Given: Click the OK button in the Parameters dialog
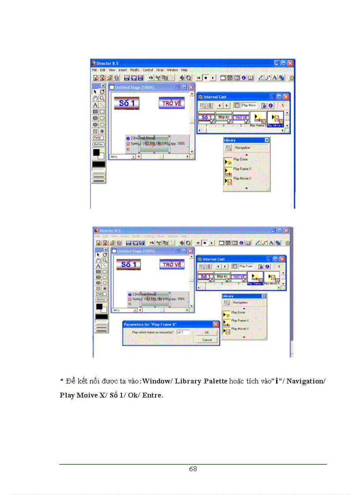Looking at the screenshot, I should coord(206,332).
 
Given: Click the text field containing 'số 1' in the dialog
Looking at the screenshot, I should coord(183,332).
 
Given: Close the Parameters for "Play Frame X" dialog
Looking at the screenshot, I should coord(216,324).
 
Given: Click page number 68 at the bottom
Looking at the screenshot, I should coord(193,469).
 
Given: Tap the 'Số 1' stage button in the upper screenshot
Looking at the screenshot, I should coord(127,103).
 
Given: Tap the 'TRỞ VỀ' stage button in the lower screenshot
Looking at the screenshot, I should coord(172,264).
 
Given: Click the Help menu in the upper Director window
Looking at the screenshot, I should coord(184,70).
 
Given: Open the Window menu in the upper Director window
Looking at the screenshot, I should coord(172,70).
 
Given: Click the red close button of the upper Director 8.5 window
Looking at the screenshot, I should coord(291,63).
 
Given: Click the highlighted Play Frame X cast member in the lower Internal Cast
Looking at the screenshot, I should coord(255,278).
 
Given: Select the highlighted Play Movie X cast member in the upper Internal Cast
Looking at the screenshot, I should coord(276,118).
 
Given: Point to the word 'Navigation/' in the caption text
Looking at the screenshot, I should coord(306,381).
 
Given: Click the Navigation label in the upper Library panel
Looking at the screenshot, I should coord(243,148).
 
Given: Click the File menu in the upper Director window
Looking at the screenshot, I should coord(94,70).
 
